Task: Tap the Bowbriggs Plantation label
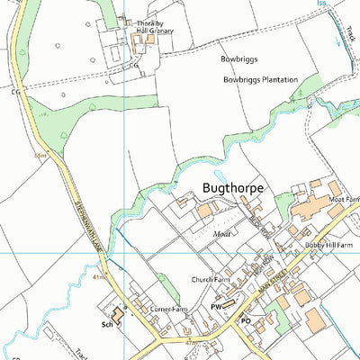(260, 79)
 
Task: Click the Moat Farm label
(343, 199)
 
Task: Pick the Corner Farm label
(168, 309)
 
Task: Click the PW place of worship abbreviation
(216, 307)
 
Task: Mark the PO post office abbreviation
(245, 319)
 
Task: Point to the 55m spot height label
(40, 156)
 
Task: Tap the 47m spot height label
(189, 343)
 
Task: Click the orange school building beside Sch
(118, 309)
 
